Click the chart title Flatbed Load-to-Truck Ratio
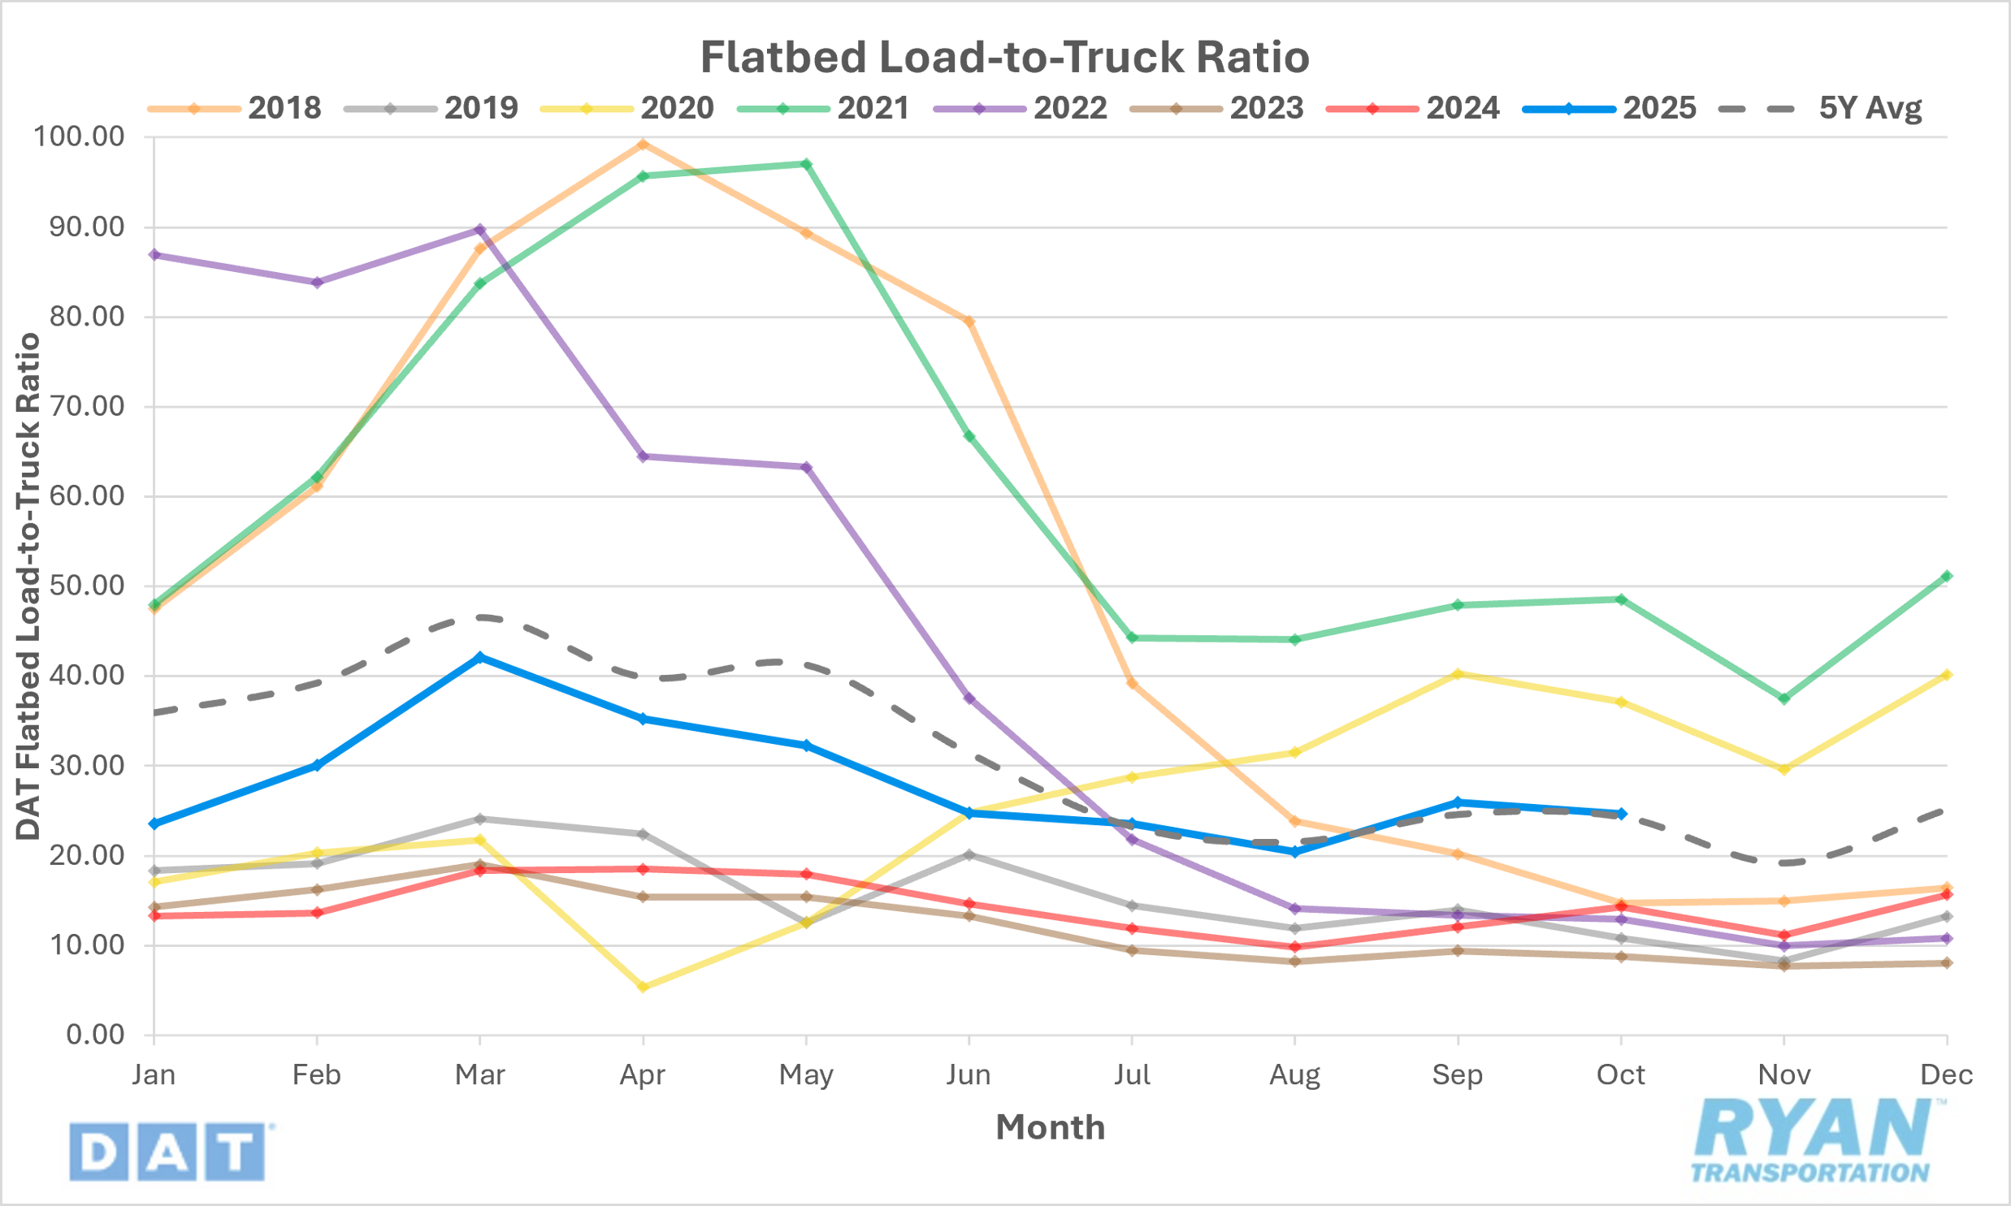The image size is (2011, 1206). pos(1004,57)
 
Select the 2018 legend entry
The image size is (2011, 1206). pos(236,108)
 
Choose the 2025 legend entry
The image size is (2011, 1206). pos(1610,108)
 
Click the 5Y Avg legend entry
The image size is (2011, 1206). pos(1822,108)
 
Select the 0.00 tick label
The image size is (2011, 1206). pos(95,1035)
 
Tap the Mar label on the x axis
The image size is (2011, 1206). pos(479,1075)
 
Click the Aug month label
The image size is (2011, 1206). pos(1294,1075)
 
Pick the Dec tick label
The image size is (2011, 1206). pos(1946,1075)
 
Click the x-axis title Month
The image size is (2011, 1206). pos(1051,1127)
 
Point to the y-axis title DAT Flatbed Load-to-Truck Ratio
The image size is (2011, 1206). pos(29,585)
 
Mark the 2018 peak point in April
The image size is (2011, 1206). pos(643,145)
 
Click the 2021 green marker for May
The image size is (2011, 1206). pos(806,164)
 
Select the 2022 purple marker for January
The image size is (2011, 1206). pos(154,255)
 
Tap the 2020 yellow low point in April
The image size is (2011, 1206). pos(643,987)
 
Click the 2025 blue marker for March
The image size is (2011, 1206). pos(479,657)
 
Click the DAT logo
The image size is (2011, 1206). pos(169,1151)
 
